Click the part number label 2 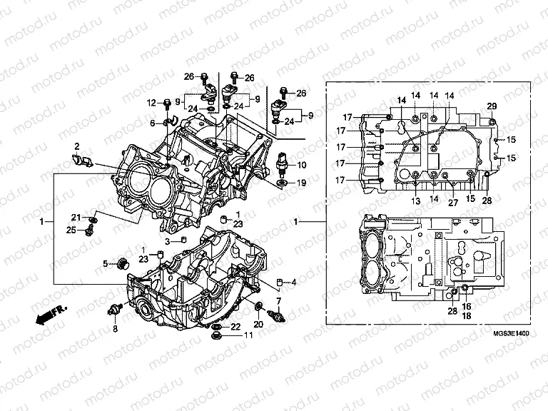76,147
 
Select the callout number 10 302,165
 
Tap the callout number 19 302,183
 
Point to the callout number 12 151,103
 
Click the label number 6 152,123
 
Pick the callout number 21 74,217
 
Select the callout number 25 71,230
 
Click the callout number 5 106,264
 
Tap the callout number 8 114,328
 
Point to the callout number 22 235,326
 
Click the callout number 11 248,335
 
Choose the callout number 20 259,325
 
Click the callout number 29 491,106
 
